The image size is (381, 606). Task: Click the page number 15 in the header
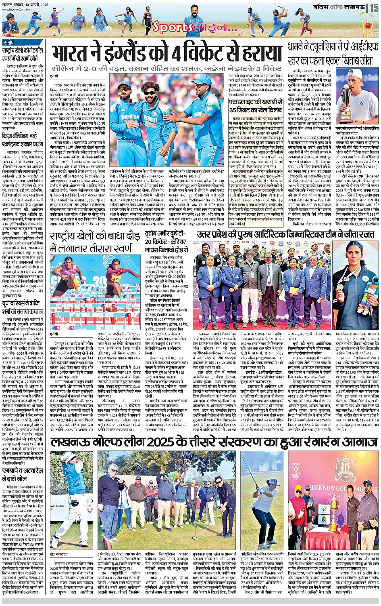coord(374,7)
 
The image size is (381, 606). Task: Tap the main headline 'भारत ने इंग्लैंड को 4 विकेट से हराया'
coord(167,54)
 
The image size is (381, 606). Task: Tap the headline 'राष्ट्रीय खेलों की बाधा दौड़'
coord(96,242)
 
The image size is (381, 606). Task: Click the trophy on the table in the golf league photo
coord(333,521)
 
